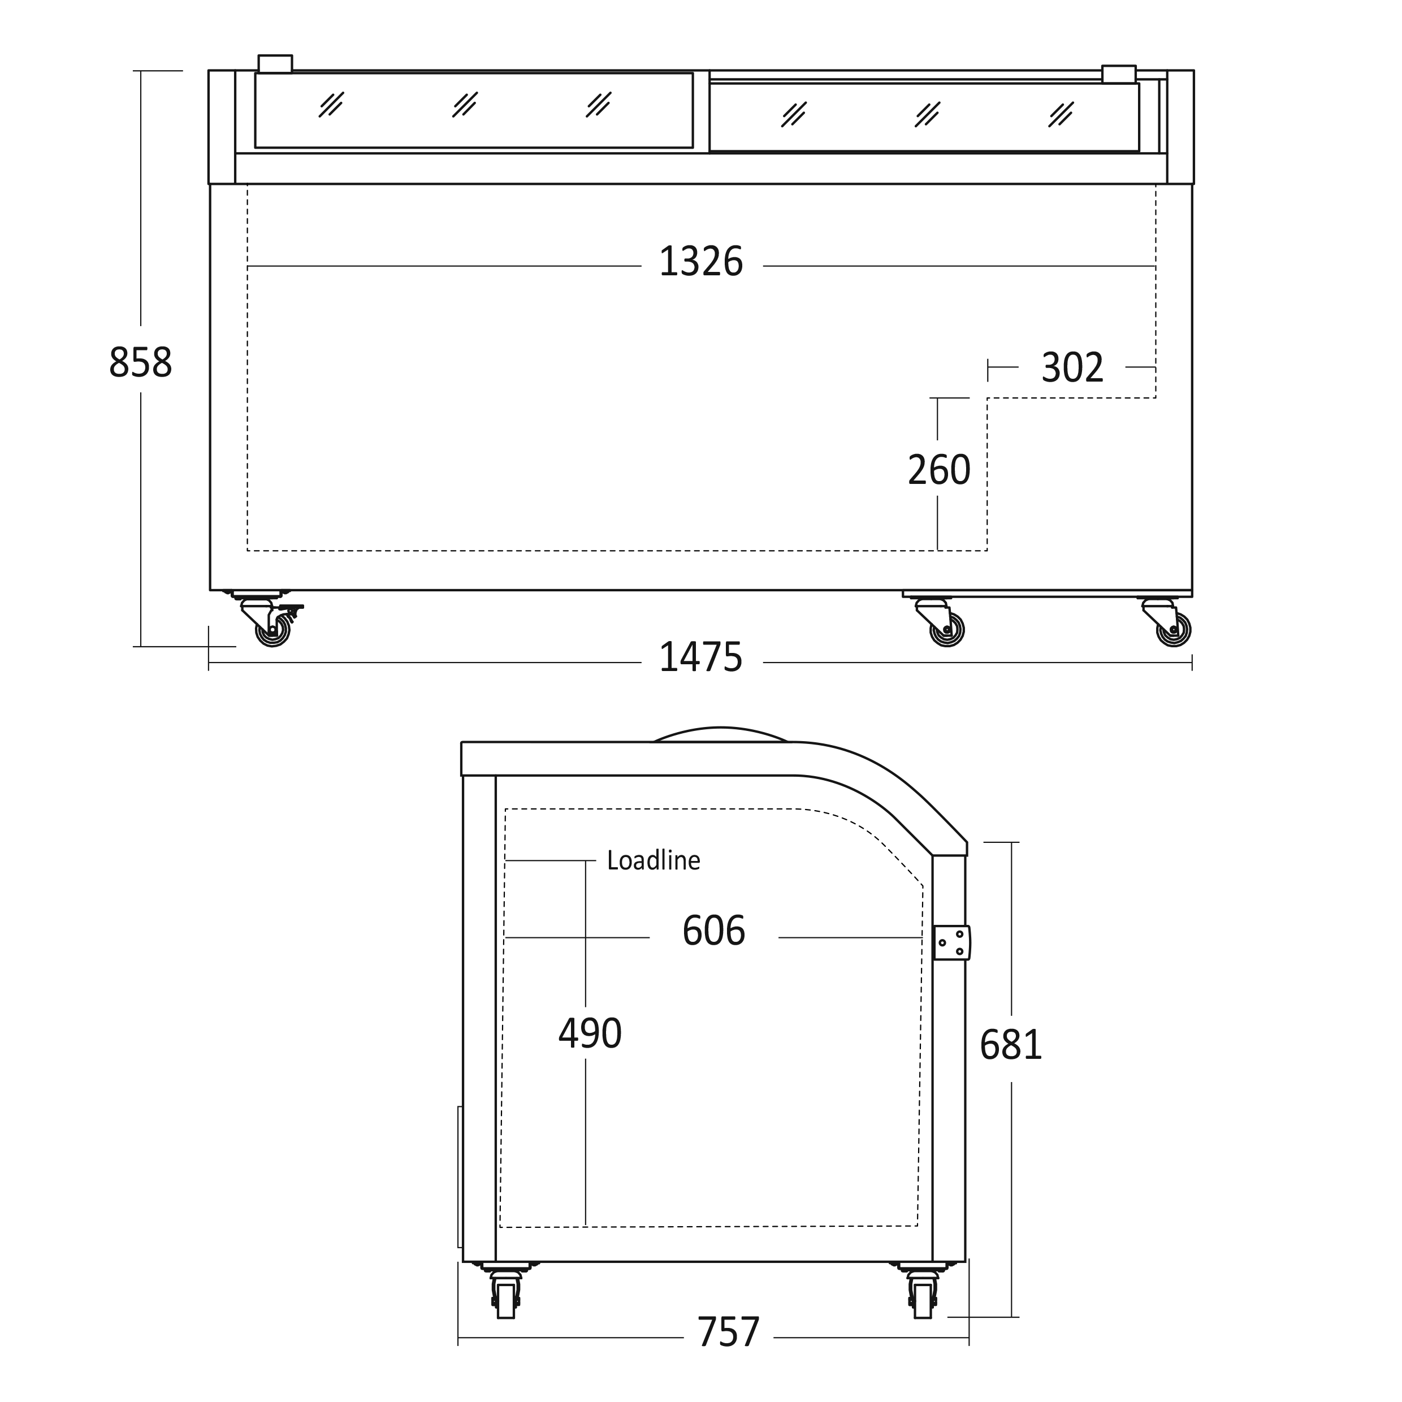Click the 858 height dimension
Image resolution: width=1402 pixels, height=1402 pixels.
(x=141, y=363)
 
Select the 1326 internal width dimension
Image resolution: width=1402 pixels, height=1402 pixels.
(x=701, y=262)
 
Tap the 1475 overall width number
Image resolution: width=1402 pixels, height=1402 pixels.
(x=701, y=657)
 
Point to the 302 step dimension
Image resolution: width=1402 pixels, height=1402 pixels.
(x=1072, y=368)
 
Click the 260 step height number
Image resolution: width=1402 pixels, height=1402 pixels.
(x=939, y=470)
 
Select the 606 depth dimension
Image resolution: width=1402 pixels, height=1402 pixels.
(x=714, y=931)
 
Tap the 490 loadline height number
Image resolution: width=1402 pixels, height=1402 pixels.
(x=590, y=1033)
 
